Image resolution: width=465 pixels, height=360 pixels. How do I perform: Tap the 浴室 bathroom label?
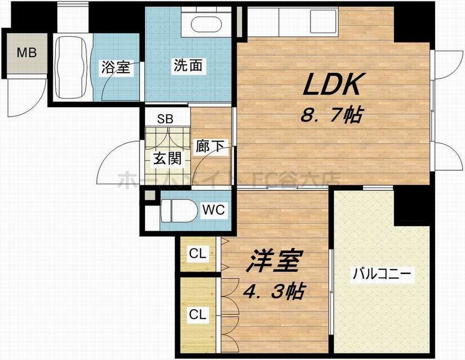(x=116, y=67)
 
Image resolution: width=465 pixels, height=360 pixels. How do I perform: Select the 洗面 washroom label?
(x=187, y=66)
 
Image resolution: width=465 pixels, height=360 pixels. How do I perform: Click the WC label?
(x=213, y=210)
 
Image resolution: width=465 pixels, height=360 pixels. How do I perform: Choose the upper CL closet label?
(x=198, y=254)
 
